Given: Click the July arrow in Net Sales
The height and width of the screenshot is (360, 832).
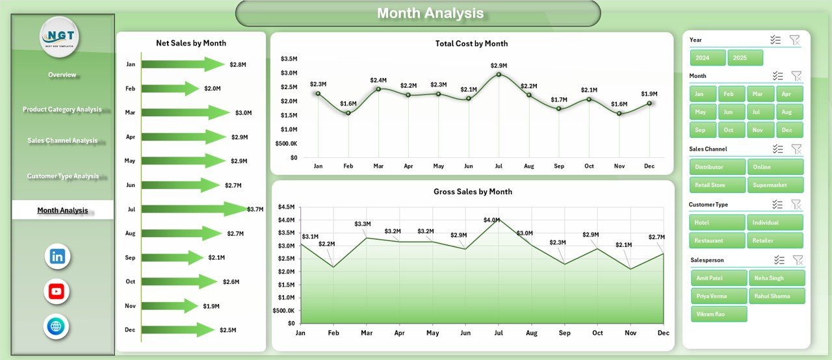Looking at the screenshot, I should tap(195, 209).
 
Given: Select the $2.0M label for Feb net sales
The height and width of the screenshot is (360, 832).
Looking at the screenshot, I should tap(213, 88).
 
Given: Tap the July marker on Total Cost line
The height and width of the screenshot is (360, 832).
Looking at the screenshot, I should tap(499, 74).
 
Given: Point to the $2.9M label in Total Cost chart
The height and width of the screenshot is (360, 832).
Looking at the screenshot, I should tap(499, 66).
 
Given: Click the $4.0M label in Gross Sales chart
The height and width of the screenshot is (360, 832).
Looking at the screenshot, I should tap(492, 220).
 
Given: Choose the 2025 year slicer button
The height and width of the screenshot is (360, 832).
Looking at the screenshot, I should tap(745, 58).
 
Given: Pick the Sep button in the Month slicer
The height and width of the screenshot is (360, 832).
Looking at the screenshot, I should tap(700, 130).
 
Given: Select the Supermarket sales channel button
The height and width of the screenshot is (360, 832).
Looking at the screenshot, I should tap(775, 185).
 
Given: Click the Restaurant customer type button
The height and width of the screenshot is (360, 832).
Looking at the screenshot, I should tap(708, 240).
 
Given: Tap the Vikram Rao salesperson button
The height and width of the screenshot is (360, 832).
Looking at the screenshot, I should tap(719, 314).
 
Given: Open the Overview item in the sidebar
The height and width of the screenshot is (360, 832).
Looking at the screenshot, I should tap(62, 75).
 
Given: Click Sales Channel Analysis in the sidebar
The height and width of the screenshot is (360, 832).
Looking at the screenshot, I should tap(62, 140).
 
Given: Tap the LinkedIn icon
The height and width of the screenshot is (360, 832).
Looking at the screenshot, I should tap(57, 257).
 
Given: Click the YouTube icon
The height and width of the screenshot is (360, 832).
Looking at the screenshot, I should tap(57, 292).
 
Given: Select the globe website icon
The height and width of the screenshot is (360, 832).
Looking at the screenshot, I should tap(57, 326).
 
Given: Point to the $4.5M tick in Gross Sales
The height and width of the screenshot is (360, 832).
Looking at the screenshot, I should tap(287, 207).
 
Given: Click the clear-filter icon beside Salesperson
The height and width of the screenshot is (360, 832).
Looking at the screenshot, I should tap(798, 260).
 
